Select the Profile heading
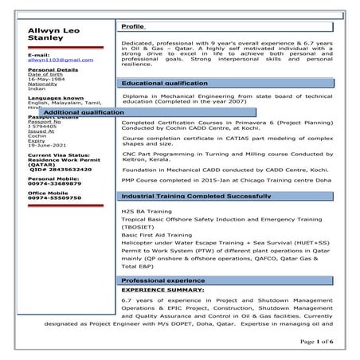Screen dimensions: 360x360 pyautogui.click(x=133, y=27)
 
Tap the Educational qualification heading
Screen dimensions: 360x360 pyautogui.click(x=164, y=83)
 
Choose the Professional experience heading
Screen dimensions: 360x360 pyautogui.click(x=163, y=281)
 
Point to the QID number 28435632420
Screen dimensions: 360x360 pyautogui.click(x=56, y=169)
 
